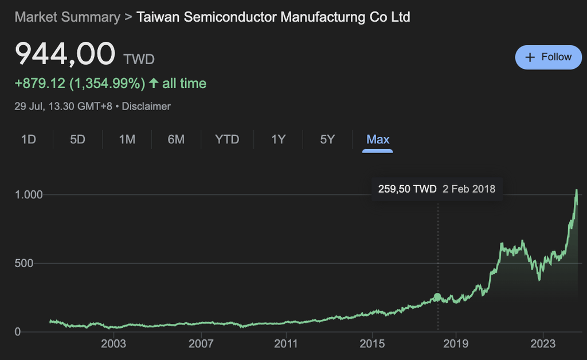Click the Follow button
[549, 57]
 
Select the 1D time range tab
[28, 139]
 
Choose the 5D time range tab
[77, 139]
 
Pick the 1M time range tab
[127, 139]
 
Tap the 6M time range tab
[176, 139]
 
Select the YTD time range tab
[227, 139]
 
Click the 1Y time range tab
[278, 139]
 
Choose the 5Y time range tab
[327, 139]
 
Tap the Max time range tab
[378, 139]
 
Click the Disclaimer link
[146, 106]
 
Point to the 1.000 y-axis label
[29, 195]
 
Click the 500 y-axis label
[25, 264]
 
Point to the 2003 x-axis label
[114, 344]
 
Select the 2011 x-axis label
[285, 344]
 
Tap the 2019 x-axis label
[456, 344]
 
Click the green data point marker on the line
[438, 297]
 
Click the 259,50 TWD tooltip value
[408, 189]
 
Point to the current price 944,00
[65, 55]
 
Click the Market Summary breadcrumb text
[68, 17]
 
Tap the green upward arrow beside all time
[154, 84]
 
